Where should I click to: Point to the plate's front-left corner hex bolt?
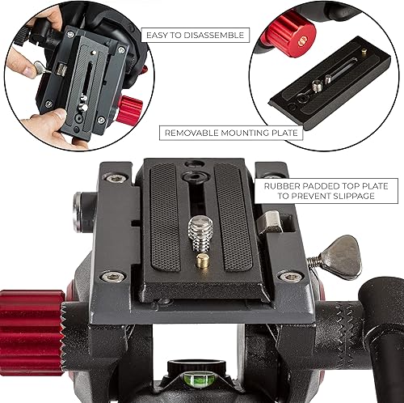pyautogui.click(x=113, y=276)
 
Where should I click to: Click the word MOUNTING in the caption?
pyautogui.click(x=246, y=133)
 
